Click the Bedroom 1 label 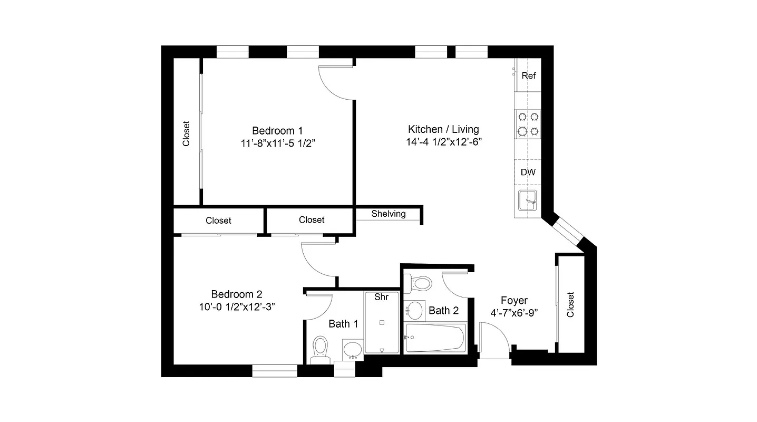[x=277, y=130]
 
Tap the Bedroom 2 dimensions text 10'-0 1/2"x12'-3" [x=237, y=307]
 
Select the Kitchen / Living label [x=443, y=129]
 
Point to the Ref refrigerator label [x=528, y=76]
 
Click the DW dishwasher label [x=528, y=172]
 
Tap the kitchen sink [x=527, y=201]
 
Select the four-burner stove [x=528, y=123]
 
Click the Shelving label [x=389, y=214]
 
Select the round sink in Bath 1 [x=353, y=349]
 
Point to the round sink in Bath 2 [x=416, y=310]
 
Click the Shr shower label [x=381, y=297]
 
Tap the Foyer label [x=513, y=301]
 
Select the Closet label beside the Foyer [x=570, y=305]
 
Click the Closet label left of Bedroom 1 [x=186, y=134]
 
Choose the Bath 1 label [x=343, y=323]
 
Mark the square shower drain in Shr [x=382, y=322]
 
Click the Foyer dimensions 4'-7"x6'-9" [x=513, y=313]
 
